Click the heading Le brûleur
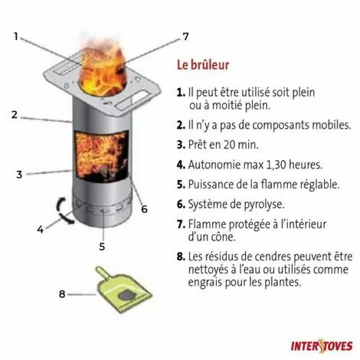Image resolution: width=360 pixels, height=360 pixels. pyautogui.click(x=203, y=65)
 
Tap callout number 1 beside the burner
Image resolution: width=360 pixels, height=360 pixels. pyautogui.click(x=16, y=37)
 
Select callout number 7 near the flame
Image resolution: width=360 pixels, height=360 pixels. pyautogui.click(x=185, y=37)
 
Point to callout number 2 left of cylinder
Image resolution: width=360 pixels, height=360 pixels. pyautogui.click(x=15, y=115)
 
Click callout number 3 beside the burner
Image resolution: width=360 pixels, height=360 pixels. pyautogui.click(x=19, y=175)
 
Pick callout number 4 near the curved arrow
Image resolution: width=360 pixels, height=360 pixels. pyautogui.click(x=41, y=229)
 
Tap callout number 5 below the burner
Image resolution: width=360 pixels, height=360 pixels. pyautogui.click(x=102, y=247)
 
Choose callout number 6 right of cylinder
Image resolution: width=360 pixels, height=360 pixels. pyautogui.click(x=145, y=209)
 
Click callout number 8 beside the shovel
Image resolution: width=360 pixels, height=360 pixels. pyautogui.click(x=62, y=294)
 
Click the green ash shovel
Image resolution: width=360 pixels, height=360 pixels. pyautogui.click(x=123, y=291)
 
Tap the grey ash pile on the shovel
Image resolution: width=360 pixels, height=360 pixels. pyautogui.click(x=127, y=296)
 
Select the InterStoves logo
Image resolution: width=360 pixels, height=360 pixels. pyautogui.click(x=322, y=346)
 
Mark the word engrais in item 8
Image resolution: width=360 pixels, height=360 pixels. pyautogui.click(x=205, y=283)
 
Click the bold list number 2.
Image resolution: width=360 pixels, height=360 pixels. pyautogui.click(x=181, y=125)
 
